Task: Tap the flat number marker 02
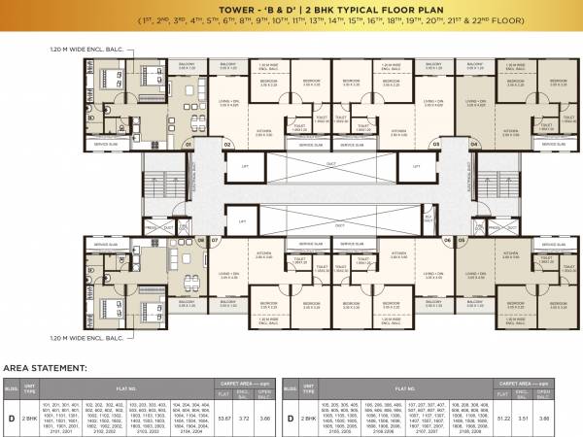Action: (x=227, y=143)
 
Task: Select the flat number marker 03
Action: (x=435, y=143)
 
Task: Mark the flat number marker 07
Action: (x=215, y=238)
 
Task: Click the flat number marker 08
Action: (x=201, y=238)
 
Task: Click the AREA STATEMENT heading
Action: (x=46, y=369)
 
